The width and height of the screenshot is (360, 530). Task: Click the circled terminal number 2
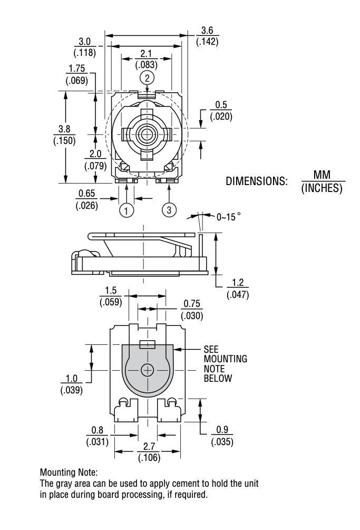click(x=147, y=78)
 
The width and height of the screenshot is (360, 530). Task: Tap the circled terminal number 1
click(x=127, y=210)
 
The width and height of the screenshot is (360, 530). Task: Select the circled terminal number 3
click(x=169, y=210)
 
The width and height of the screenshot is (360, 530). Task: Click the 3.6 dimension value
click(x=207, y=31)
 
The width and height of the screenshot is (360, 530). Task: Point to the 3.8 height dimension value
click(x=64, y=129)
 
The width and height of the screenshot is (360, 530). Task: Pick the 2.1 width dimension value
click(x=146, y=53)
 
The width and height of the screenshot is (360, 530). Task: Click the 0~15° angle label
click(x=229, y=217)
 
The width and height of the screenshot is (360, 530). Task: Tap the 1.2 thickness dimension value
click(x=238, y=282)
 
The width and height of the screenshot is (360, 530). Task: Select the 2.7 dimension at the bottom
click(x=149, y=446)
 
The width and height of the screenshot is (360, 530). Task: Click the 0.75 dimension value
click(x=192, y=304)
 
